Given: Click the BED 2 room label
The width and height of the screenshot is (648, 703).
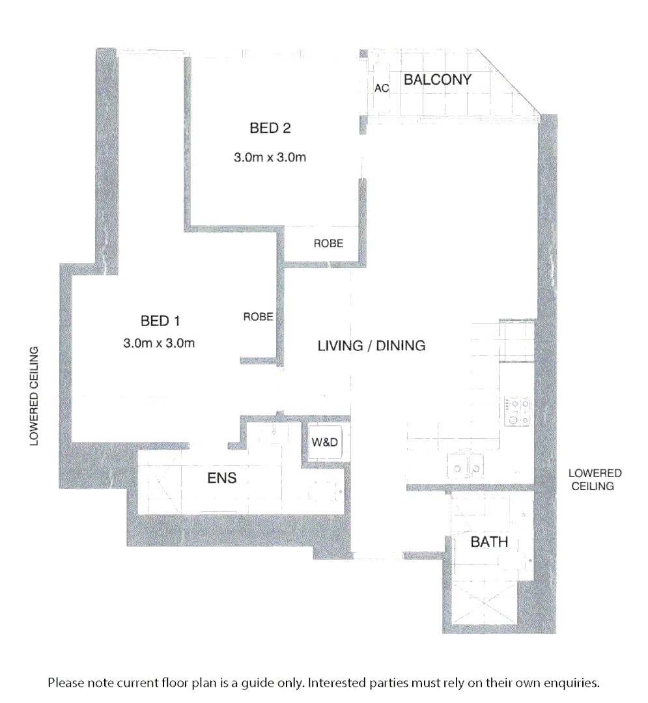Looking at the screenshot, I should click(270, 128).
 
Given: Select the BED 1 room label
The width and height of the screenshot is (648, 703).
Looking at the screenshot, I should click(160, 320).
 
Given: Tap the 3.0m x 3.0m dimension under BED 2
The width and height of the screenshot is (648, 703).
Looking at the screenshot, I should click(270, 158).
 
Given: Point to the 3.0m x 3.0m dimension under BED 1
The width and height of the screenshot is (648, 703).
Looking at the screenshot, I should click(159, 343).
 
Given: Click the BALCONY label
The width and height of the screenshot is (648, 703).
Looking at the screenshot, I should click(437, 80).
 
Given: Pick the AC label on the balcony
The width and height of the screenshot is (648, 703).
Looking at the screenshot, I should click(381, 89).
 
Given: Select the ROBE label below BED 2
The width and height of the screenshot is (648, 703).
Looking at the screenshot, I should click(328, 244).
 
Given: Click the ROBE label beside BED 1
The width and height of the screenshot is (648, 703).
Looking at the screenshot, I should click(258, 317).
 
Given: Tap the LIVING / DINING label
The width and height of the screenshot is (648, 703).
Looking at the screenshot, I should click(371, 346).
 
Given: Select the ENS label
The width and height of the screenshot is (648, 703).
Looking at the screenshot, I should click(221, 479).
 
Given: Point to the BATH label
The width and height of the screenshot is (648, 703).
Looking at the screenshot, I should click(489, 542).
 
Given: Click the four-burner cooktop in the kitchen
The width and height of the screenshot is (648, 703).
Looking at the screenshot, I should click(519, 412).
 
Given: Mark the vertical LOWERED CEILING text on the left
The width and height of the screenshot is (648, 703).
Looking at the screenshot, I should click(35, 396).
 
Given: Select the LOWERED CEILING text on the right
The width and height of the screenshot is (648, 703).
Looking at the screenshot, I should click(595, 480).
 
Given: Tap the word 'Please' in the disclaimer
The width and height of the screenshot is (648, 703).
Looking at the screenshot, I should click(66, 683).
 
